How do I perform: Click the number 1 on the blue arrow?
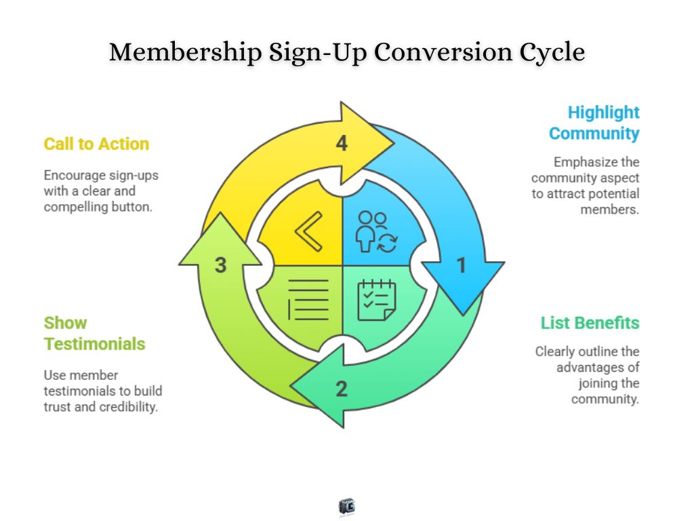(462, 265)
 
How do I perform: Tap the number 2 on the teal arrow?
(342, 389)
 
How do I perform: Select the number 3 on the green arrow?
(220, 265)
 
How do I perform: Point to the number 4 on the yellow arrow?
(342, 143)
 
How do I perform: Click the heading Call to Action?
(96, 144)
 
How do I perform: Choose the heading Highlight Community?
(594, 123)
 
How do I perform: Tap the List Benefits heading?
(590, 323)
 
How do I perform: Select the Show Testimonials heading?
(94, 333)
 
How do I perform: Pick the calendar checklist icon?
(377, 299)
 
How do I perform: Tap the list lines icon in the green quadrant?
(308, 299)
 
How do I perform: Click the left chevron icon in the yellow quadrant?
(308, 232)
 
